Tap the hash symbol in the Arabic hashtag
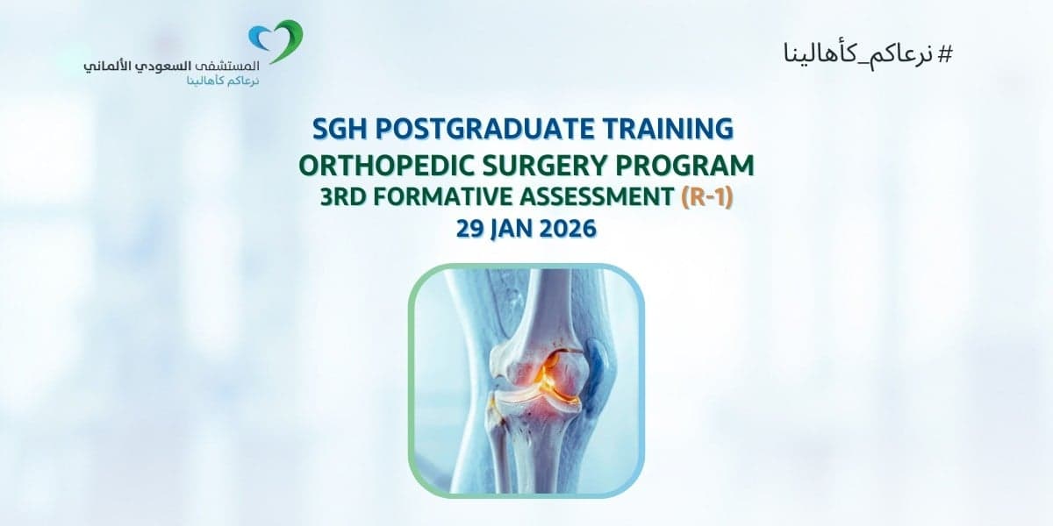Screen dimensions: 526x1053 (x=944, y=53)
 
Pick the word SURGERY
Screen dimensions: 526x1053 (x=543, y=165)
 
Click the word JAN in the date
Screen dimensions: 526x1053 (x=516, y=229)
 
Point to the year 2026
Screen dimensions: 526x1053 (x=569, y=229)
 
